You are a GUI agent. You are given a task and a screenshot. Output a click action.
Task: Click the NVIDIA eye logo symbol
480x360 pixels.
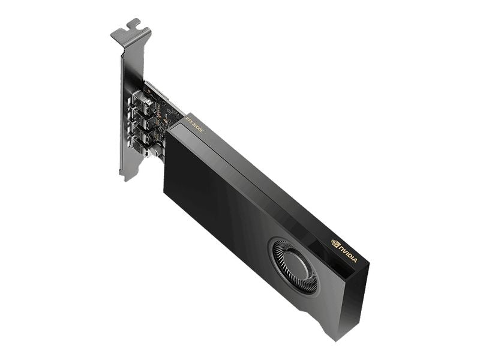[335, 243]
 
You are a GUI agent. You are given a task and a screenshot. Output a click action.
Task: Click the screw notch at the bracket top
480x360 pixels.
[133, 25]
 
